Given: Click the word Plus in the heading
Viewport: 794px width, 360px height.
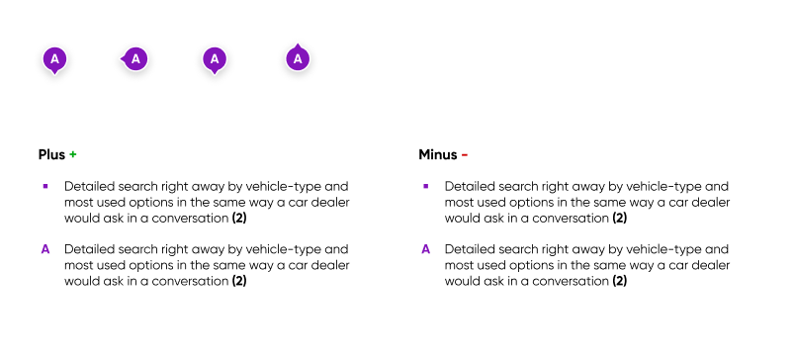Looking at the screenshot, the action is click(51, 155).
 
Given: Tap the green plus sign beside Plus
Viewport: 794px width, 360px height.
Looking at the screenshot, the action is click(73, 155).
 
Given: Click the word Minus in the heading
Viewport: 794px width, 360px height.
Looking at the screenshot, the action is click(438, 155).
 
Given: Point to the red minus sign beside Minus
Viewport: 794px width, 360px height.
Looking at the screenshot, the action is click(465, 155).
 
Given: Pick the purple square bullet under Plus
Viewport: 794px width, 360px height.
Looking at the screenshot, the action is click(45, 186).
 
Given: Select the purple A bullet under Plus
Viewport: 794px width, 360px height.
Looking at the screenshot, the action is click(45, 249).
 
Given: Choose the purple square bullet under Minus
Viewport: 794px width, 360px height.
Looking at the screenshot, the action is click(426, 186).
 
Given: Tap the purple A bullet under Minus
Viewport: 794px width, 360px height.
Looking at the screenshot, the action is click(426, 249).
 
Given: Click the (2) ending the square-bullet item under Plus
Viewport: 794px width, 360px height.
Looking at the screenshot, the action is click(239, 218).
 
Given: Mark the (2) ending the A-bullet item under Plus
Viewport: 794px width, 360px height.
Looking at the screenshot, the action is click(239, 281).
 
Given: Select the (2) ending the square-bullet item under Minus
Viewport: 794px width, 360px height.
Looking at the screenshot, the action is click(620, 218).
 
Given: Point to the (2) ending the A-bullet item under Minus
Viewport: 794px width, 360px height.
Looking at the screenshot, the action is click(620, 281).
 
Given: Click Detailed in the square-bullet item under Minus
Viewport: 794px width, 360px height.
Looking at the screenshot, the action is click(468, 186).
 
